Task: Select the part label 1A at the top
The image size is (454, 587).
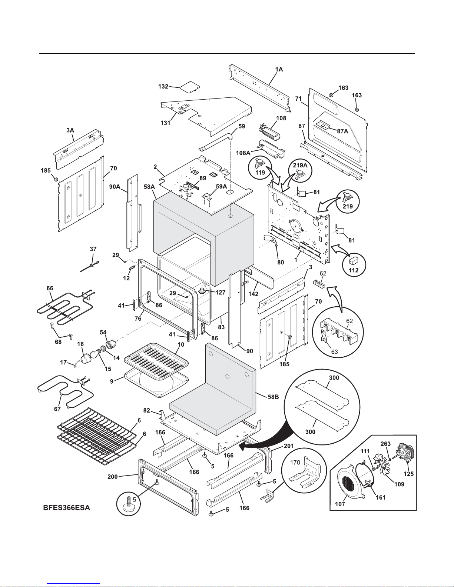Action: [279, 69]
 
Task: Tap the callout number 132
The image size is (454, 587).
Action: [163, 87]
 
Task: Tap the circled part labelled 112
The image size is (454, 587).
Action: [354, 264]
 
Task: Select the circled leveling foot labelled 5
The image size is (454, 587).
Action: [128, 503]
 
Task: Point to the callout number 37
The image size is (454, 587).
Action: [93, 249]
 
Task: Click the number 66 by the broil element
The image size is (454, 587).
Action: [50, 288]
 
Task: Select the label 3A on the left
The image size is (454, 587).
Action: [70, 130]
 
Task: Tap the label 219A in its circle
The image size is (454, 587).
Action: [299, 166]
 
